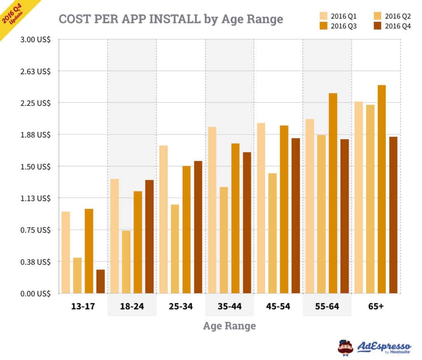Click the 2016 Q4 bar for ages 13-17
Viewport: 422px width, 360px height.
click(x=101, y=281)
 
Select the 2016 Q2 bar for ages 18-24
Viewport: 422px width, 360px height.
click(x=126, y=262)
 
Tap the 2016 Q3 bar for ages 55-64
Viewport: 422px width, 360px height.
click(x=333, y=193)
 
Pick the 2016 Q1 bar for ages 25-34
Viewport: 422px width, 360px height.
click(x=163, y=219)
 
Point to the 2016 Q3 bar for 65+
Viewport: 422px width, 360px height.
click(x=382, y=189)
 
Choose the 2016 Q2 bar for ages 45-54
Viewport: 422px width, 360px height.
click(x=272, y=233)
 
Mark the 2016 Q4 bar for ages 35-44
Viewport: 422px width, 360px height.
click(x=247, y=222)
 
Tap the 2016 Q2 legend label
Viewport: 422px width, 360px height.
click(x=398, y=16)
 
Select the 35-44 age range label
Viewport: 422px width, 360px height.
click(x=230, y=307)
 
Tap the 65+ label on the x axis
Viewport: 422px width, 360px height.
click(x=376, y=307)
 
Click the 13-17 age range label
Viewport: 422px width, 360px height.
click(x=83, y=307)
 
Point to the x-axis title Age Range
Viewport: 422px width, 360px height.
click(x=229, y=326)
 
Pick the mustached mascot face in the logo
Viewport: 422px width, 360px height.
click(x=345, y=347)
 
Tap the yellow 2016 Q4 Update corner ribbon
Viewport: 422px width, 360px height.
click(x=14, y=14)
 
